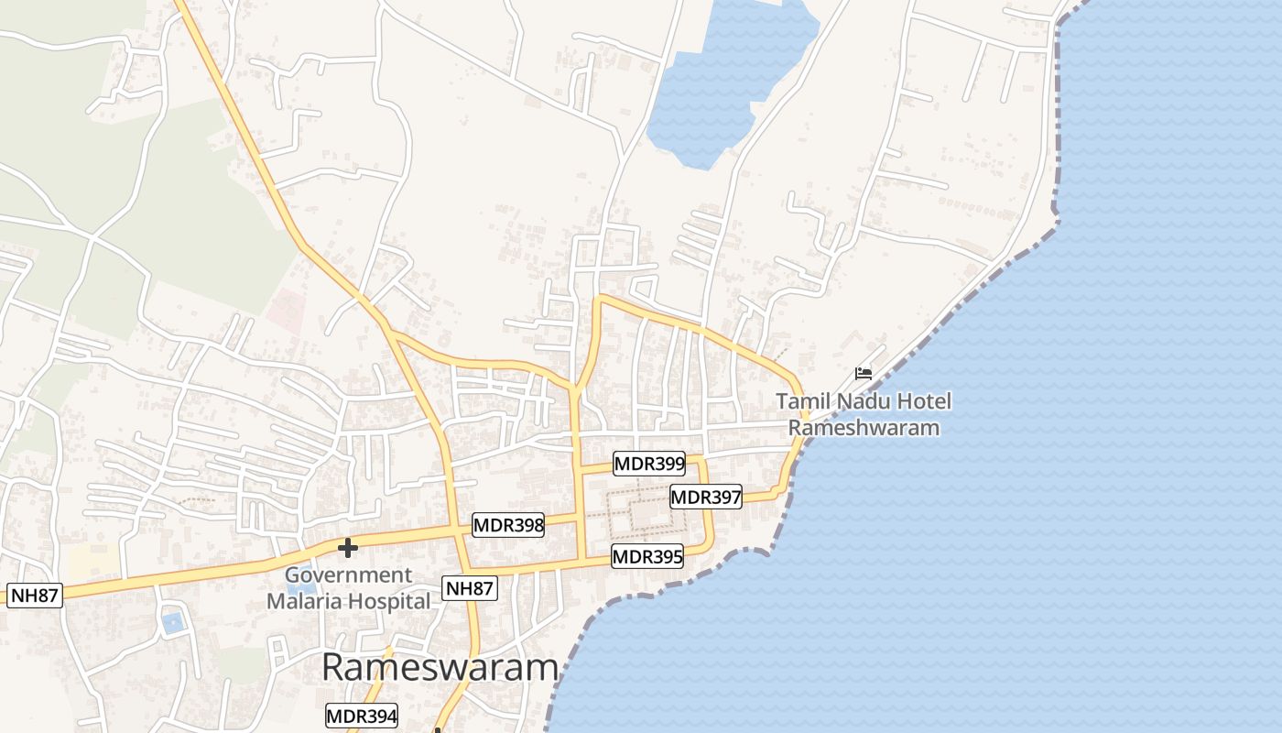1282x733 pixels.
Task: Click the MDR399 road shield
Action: coord(649,464)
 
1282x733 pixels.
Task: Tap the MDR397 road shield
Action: coord(705,498)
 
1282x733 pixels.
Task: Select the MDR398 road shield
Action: coord(508,526)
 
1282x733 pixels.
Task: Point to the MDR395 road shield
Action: coord(647,556)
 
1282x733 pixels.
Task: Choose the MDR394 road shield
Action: coord(362,717)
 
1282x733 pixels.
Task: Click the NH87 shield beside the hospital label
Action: coord(469,588)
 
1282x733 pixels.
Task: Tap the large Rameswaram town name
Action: coord(440,667)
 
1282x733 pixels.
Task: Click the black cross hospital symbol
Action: coord(347,548)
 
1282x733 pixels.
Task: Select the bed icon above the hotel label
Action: coord(863,373)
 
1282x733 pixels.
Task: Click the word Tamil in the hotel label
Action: coord(801,401)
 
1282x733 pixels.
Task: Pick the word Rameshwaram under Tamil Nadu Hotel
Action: coord(864,428)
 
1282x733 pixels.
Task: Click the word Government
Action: coord(348,575)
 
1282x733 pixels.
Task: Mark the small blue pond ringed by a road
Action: coord(172,624)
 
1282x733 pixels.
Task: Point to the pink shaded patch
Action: coord(286,310)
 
